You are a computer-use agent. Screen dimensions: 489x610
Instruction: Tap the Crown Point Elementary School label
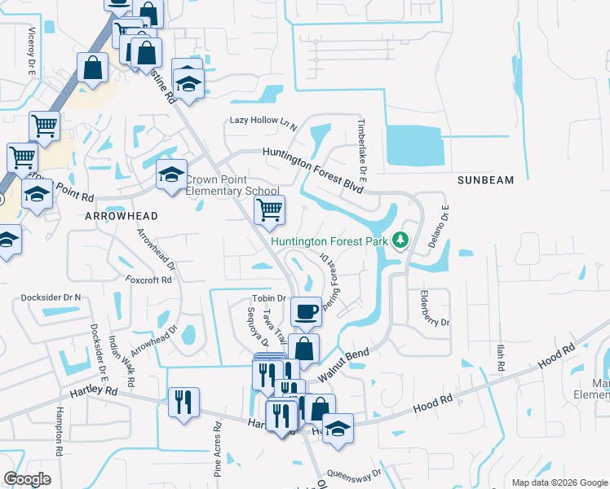pyautogui.click(x=232, y=186)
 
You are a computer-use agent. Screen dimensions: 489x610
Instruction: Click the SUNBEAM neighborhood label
pyautogui.click(x=488, y=179)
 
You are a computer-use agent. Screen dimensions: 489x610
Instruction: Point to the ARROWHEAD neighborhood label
pyautogui.click(x=121, y=215)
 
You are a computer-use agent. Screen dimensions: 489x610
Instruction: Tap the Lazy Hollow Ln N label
pyautogui.click(x=263, y=121)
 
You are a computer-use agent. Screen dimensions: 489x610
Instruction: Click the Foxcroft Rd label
pyautogui.click(x=148, y=280)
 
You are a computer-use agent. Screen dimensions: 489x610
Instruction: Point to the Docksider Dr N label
pyautogui.click(x=51, y=297)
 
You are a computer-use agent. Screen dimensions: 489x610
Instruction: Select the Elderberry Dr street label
pyautogui.click(x=434, y=309)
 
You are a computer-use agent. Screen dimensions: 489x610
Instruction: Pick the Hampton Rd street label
pyautogui.click(x=60, y=426)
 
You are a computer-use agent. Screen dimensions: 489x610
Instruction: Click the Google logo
pyautogui.click(x=28, y=478)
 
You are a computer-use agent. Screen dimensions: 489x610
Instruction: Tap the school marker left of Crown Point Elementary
pyautogui.click(x=171, y=174)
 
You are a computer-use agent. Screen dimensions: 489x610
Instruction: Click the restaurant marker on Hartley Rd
pyautogui.click(x=183, y=401)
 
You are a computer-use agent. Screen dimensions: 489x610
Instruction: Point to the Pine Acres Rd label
pyautogui.click(x=218, y=449)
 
